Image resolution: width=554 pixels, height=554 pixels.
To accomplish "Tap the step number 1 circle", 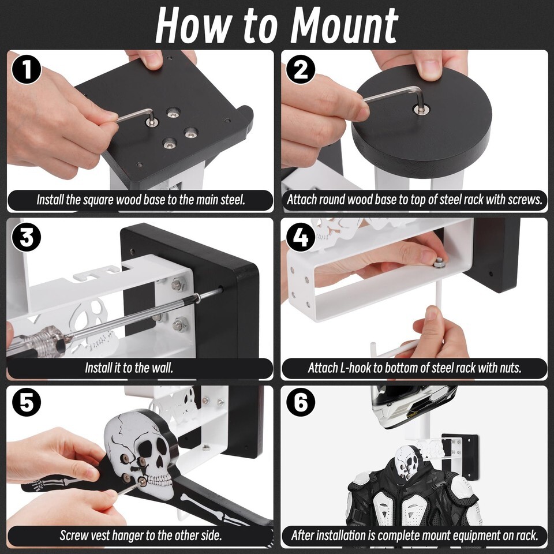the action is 27,70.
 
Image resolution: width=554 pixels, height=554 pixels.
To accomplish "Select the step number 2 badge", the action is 301,70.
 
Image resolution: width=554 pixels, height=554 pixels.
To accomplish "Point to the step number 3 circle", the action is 27,237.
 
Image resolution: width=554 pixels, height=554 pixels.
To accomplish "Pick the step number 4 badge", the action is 301,237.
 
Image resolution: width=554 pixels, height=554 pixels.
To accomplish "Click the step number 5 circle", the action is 27,402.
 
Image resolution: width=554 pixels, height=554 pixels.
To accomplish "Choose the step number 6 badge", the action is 301,402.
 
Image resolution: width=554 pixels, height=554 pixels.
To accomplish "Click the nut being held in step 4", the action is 439,263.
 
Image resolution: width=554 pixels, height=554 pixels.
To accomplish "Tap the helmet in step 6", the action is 413,406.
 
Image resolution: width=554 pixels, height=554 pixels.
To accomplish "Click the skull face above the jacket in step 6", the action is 409,462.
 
